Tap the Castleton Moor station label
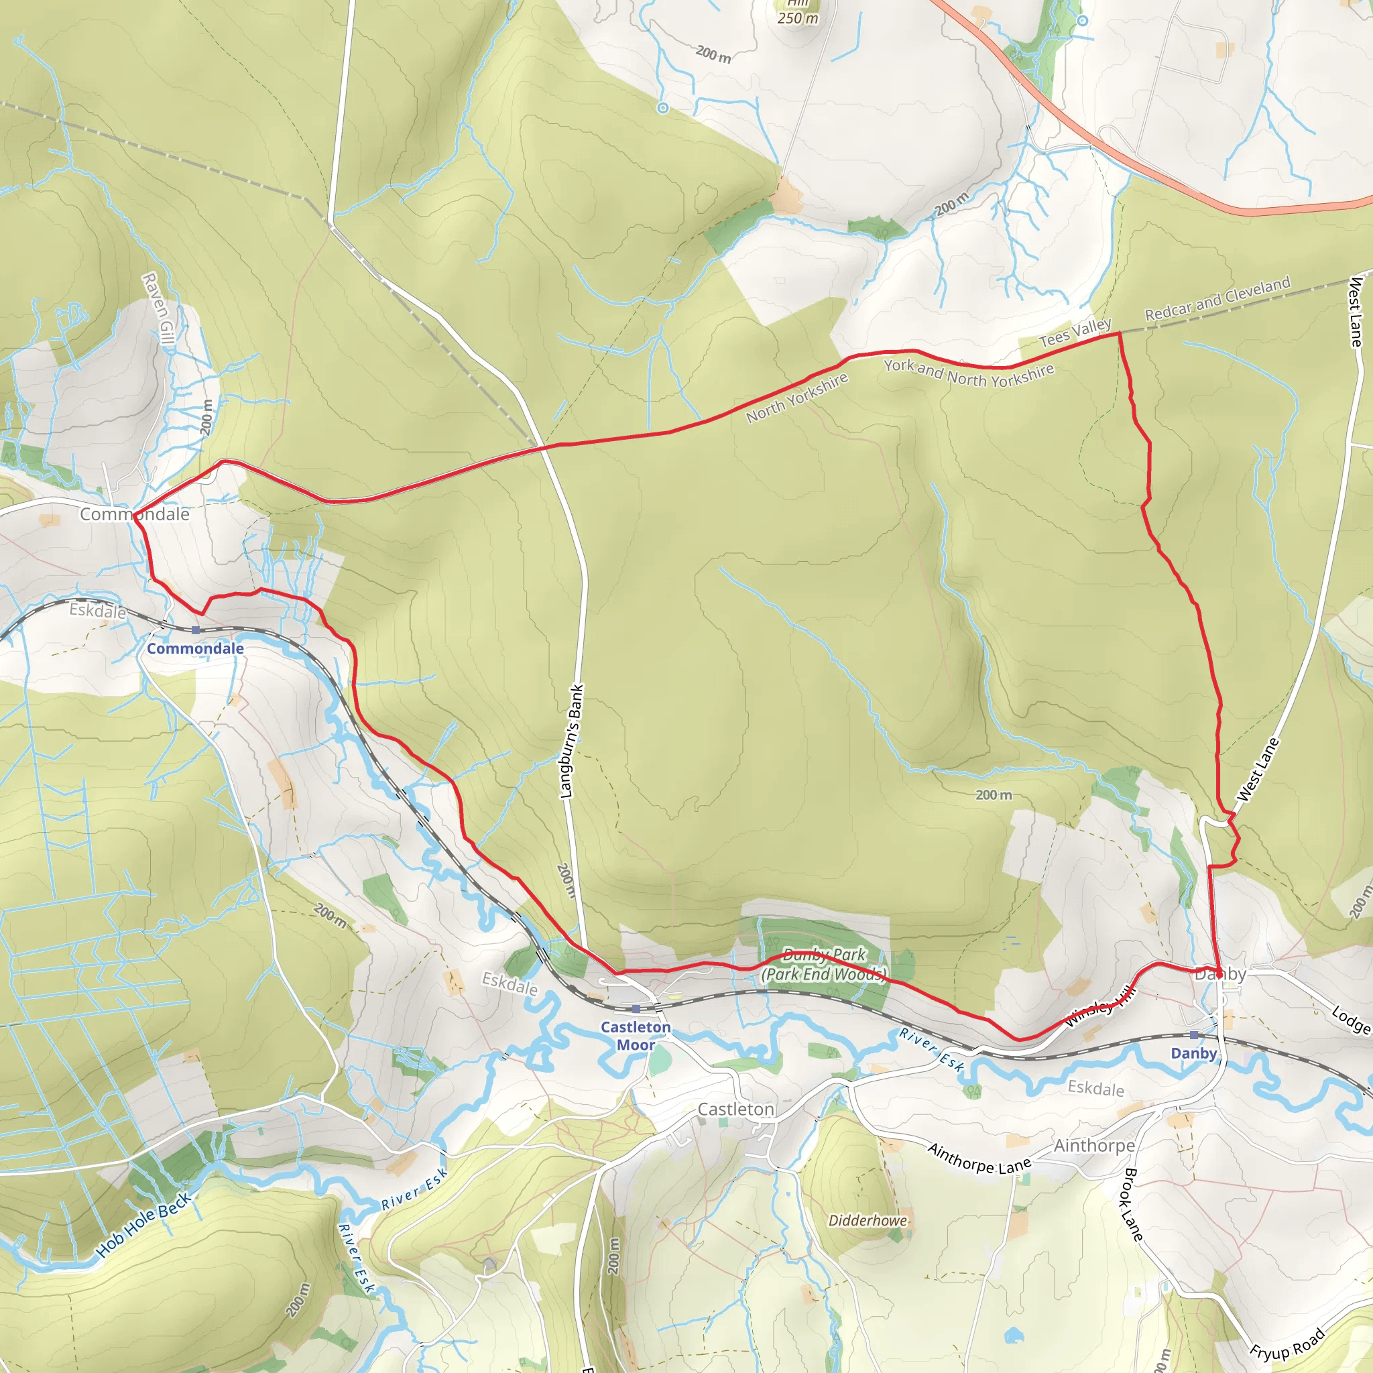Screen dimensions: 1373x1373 point(636,1035)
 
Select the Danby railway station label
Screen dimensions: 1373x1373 point(1194,1053)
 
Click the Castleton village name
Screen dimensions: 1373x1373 point(735,1110)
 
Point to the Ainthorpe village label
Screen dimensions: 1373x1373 point(1094,1146)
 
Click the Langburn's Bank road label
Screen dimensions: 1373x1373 point(573,741)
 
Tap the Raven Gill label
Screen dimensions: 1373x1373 point(158,309)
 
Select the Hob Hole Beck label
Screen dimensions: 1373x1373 point(143,1224)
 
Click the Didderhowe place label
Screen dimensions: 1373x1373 point(868,1220)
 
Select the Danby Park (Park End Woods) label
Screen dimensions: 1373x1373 point(825,964)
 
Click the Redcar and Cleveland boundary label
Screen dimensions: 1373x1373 point(1217,298)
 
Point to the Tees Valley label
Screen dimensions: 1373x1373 point(1075,333)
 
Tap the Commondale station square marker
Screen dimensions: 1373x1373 point(196,630)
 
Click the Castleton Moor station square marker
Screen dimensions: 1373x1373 point(636,1008)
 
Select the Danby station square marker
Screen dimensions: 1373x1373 point(1194,1034)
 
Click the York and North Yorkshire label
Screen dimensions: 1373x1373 point(969,374)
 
